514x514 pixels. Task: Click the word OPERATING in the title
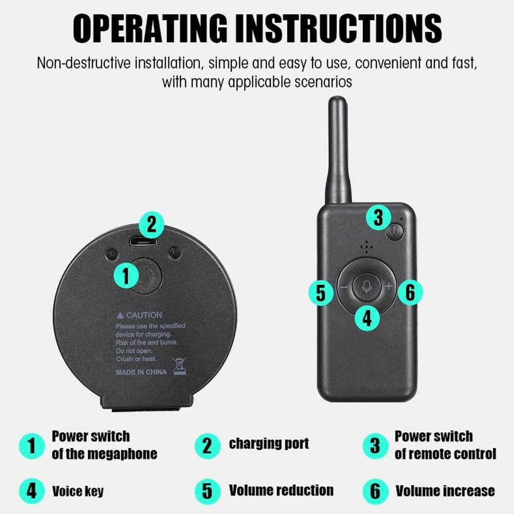[x=150, y=28]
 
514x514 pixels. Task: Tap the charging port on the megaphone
[x=143, y=242]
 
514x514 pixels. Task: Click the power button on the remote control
[x=394, y=232]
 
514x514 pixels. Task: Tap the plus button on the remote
[x=389, y=286]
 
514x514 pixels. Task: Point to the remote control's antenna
[x=338, y=150]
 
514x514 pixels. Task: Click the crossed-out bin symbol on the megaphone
[x=179, y=366]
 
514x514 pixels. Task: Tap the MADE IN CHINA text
[x=141, y=372]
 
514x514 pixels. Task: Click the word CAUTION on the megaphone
[x=144, y=316]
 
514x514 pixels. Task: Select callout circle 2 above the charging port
[x=152, y=225]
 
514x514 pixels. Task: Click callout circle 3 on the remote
[x=379, y=217]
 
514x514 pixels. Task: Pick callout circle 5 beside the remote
[x=321, y=292]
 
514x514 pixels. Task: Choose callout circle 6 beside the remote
[x=410, y=292]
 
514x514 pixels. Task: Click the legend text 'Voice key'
[x=78, y=491]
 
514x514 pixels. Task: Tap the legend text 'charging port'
[x=269, y=444]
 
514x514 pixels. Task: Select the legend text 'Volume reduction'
[x=281, y=490]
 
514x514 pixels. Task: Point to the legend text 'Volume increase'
[x=445, y=491]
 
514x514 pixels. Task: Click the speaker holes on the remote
[x=366, y=247]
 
